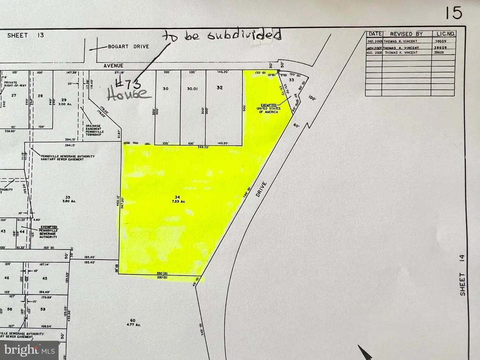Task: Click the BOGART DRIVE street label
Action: [x=123, y=47]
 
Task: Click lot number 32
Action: [x=219, y=88]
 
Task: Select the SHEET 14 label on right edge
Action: [x=463, y=284]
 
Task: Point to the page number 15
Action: [x=453, y=13]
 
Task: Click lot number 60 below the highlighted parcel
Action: [x=132, y=320]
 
